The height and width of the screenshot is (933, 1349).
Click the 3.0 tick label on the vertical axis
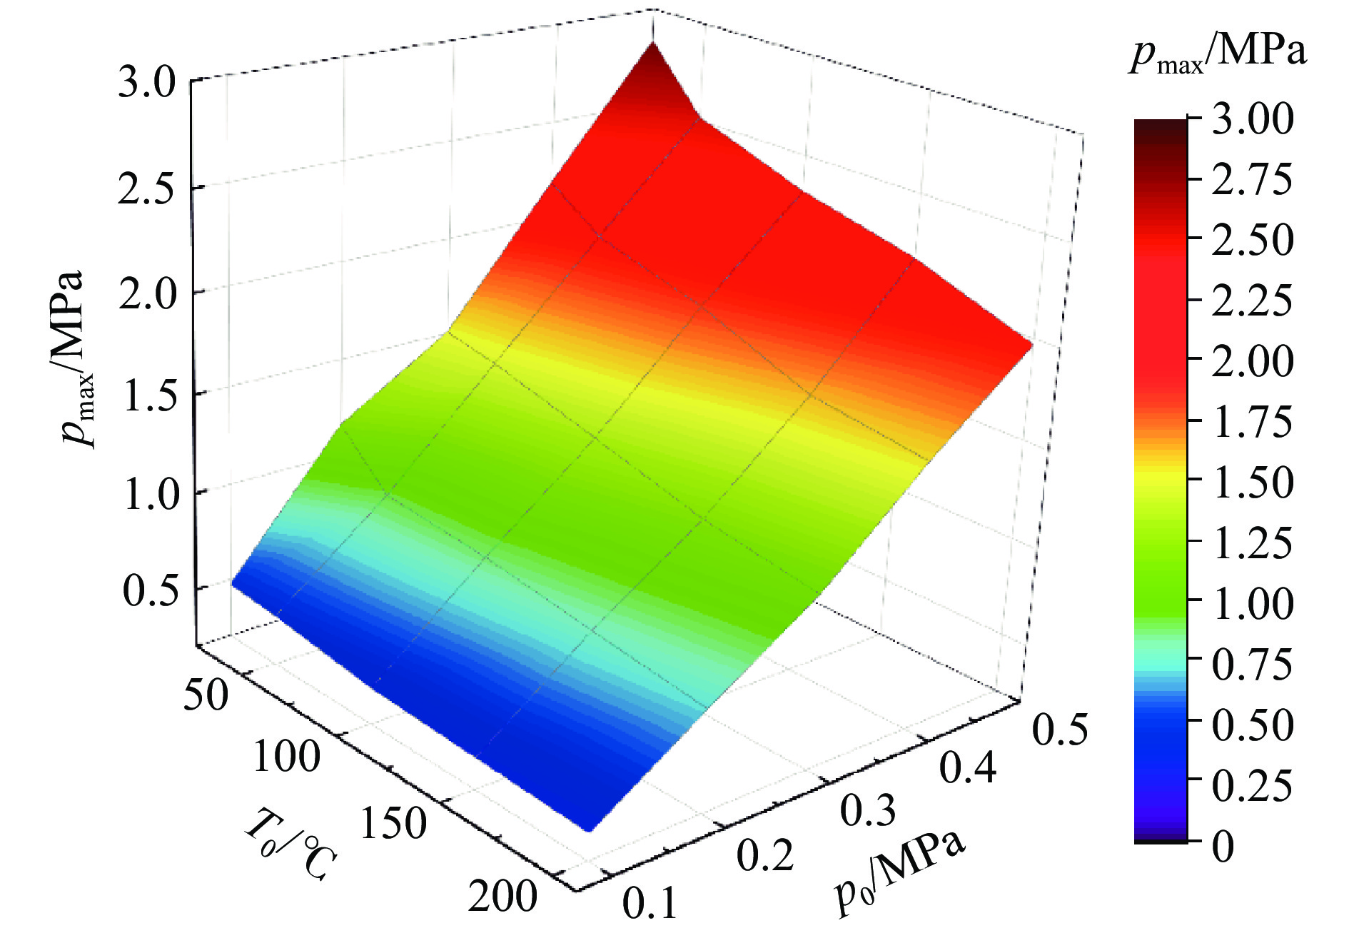146,84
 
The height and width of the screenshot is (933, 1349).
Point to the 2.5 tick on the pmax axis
146,189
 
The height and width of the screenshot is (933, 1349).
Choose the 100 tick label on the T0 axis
287,757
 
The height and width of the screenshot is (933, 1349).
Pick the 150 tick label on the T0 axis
393,823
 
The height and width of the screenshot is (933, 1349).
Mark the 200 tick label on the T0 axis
502,897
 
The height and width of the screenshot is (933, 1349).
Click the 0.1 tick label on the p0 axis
650,904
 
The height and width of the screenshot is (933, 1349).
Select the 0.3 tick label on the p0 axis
867,812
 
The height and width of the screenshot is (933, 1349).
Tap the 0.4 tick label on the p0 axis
967,768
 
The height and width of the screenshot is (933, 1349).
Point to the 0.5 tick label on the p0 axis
1060,730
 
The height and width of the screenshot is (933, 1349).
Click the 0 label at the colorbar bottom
1223,847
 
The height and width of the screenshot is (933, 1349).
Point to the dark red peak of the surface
652,54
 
